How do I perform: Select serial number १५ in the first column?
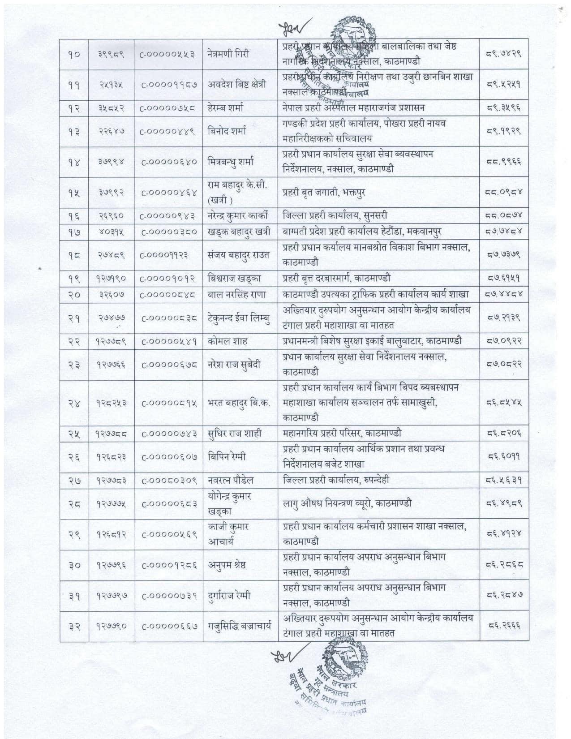(x=74, y=193)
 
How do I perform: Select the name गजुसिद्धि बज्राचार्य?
(x=240, y=626)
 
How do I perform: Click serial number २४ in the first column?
(x=74, y=402)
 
